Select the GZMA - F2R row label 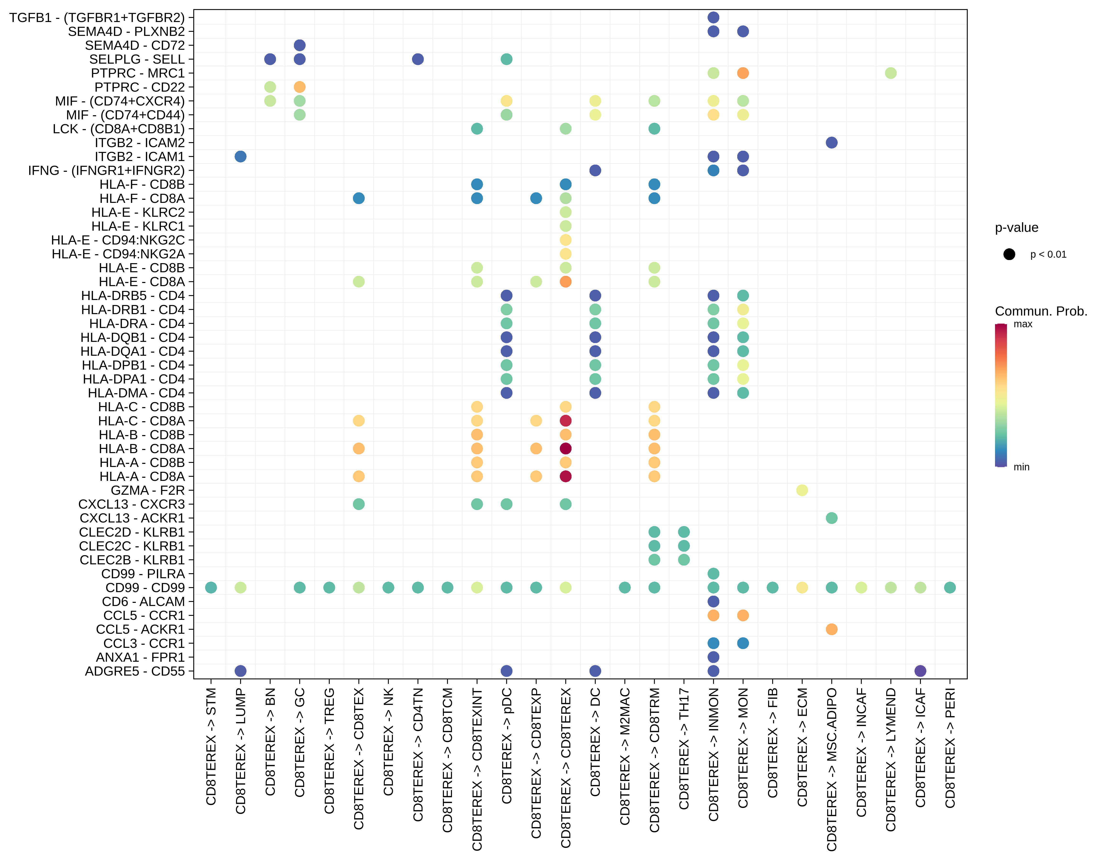pos(148,490)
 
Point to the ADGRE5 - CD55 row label pos(135,671)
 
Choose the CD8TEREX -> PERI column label pos(950,748)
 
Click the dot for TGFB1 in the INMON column pos(714,18)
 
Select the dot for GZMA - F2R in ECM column pos(802,490)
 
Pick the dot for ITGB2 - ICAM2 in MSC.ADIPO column pos(831,143)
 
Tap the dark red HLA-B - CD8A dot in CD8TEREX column pos(566,449)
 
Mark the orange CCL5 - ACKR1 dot pos(831,630)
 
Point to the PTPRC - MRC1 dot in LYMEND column pos(891,73)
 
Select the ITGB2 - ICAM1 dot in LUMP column pos(241,156)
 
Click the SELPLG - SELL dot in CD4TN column pos(418,59)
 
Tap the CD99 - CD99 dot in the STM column pos(211,588)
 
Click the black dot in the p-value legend pos(1009,254)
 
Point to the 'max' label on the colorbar pos(1023,324)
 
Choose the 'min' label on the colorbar pos(1021,467)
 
